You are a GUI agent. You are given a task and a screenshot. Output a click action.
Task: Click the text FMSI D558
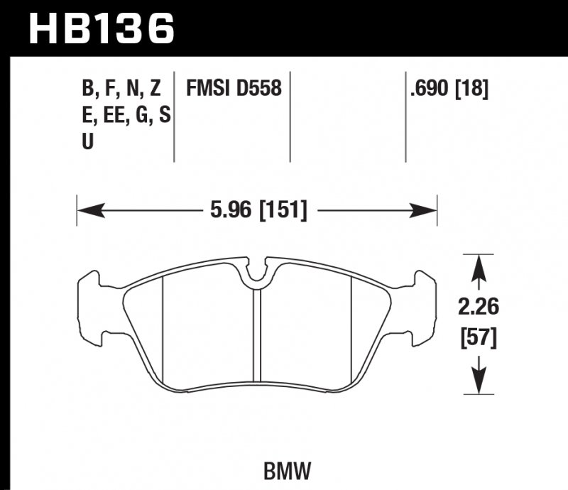[234, 89]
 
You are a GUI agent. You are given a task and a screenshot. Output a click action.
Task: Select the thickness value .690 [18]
[449, 89]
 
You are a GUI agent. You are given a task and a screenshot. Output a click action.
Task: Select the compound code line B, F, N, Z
[121, 89]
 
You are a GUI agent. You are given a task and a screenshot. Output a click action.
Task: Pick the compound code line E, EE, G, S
[126, 115]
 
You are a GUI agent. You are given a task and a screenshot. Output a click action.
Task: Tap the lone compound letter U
[88, 141]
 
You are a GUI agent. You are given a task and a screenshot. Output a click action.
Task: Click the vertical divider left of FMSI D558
[175, 117]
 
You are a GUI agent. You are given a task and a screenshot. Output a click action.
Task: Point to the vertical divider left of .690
[405, 117]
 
